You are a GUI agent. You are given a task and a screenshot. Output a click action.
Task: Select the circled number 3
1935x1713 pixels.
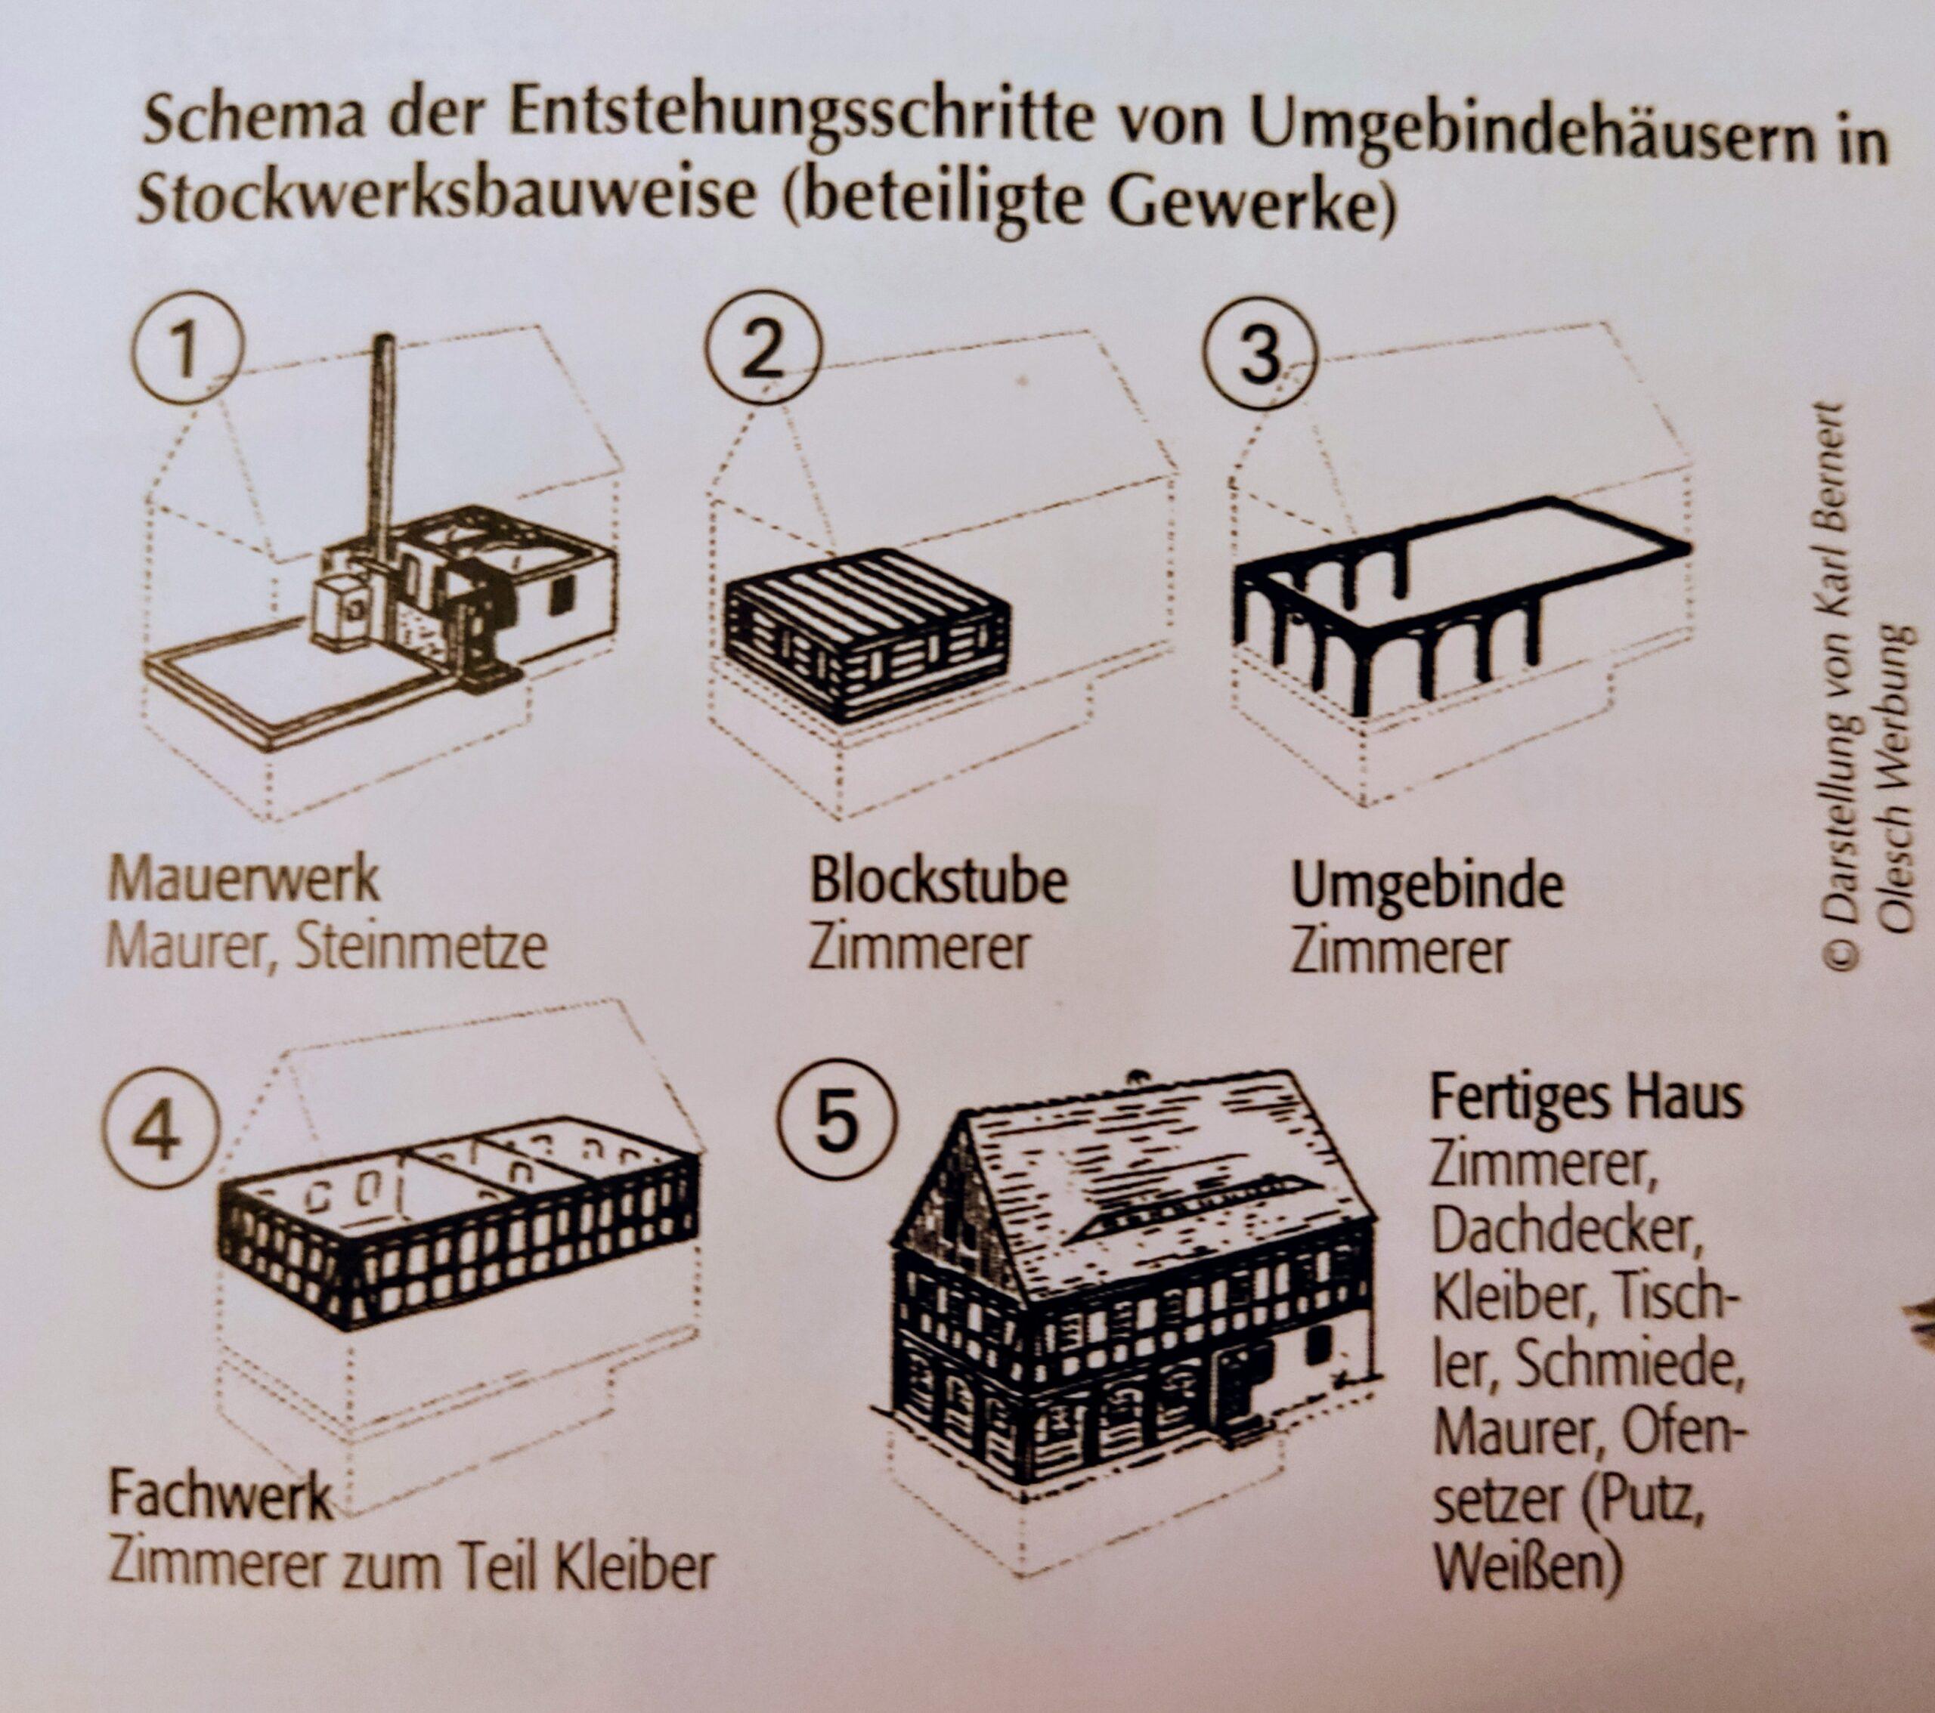(x=1260, y=353)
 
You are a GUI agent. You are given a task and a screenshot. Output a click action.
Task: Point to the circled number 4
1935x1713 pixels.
(x=161, y=1132)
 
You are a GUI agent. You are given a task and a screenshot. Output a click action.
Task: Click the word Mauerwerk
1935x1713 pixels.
(x=243, y=880)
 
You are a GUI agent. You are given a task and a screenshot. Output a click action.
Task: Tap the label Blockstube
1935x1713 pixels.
(x=938, y=880)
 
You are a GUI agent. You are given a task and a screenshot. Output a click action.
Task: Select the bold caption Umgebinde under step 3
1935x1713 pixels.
(x=1428, y=888)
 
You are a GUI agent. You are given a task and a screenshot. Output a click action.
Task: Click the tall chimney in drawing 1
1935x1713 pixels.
(x=383, y=454)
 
